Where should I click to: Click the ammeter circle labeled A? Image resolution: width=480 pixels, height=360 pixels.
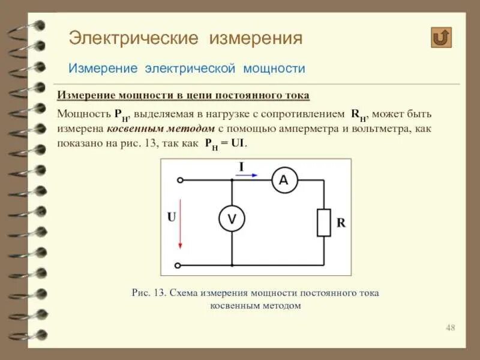(x=284, y=180)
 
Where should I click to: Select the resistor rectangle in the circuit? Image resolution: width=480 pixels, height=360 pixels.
(x=323, y=223)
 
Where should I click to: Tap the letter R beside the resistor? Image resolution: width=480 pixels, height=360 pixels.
(x=341, y=223)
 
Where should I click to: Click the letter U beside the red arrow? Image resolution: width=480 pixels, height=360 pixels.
(x=171, y=217)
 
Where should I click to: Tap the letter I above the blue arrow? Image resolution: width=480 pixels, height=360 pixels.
(x=241, y=166)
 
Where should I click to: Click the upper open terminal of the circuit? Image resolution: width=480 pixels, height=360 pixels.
(x=178, y=180)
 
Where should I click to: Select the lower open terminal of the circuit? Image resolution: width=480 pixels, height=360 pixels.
(x=178, y=265)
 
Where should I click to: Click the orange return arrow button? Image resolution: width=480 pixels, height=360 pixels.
(x=441, y=37)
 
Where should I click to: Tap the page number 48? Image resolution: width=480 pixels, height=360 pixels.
(x=451, y=328)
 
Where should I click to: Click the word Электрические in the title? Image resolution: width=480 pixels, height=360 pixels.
(x=133, y=39)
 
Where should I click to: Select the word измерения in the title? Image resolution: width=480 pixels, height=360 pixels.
(x=256, y=39)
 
